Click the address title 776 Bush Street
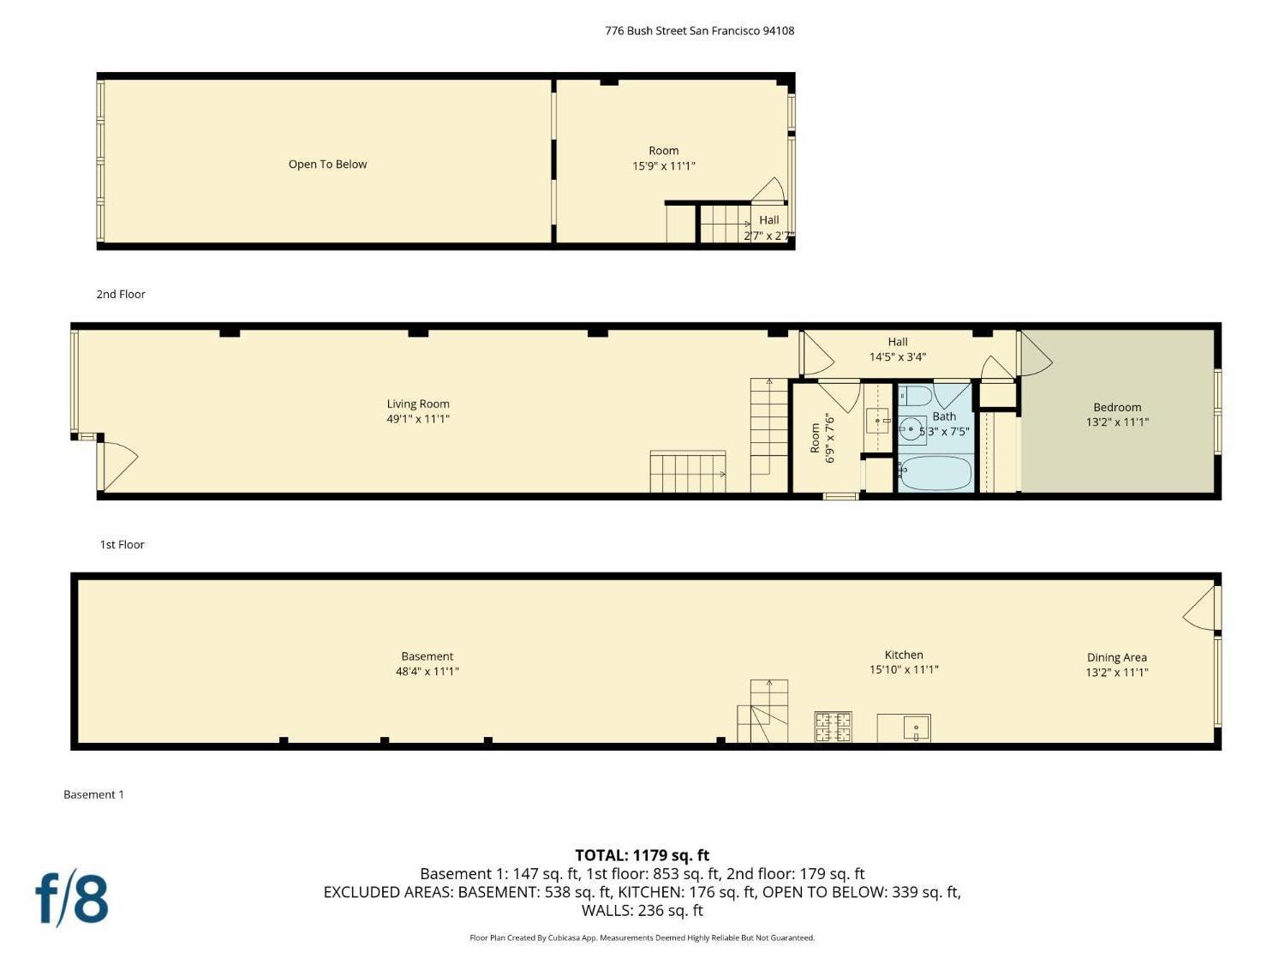[699, 31]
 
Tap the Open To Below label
[327, 165]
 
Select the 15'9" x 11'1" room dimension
[663, 166]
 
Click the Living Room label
[418, 404]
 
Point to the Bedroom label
[1117, 407]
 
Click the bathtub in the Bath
[935, 473]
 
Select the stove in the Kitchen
[833, 727]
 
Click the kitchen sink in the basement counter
[916, 728]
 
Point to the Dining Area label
[1116, 657]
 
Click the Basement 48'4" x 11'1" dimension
[427, 672]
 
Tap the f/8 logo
[72, 898]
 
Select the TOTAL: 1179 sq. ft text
[642, 855]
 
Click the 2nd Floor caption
[121, 294]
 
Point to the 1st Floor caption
[122, 544]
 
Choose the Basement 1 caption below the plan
[93, 794]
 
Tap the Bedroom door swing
[1034, 353]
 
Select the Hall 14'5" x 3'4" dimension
[897, 356]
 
